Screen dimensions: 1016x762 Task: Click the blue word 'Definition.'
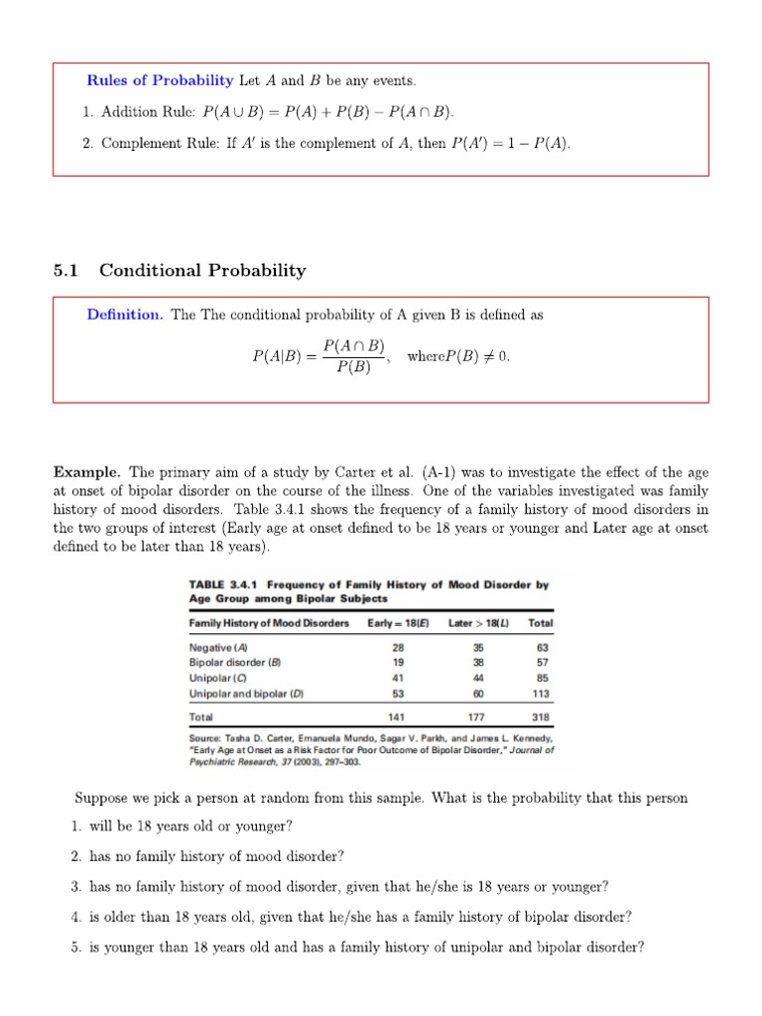coord(124,315)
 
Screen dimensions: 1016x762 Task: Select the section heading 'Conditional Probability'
coord(202,270)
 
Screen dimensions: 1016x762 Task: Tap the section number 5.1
coord(65,270)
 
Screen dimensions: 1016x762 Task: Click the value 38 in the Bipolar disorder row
coord(481,661)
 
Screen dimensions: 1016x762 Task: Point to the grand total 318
coord(540,716)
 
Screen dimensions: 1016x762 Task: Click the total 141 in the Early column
coord(397,716)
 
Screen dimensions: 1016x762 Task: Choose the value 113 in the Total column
coord(540,694)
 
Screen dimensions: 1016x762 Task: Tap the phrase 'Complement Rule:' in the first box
coord(161,144)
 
